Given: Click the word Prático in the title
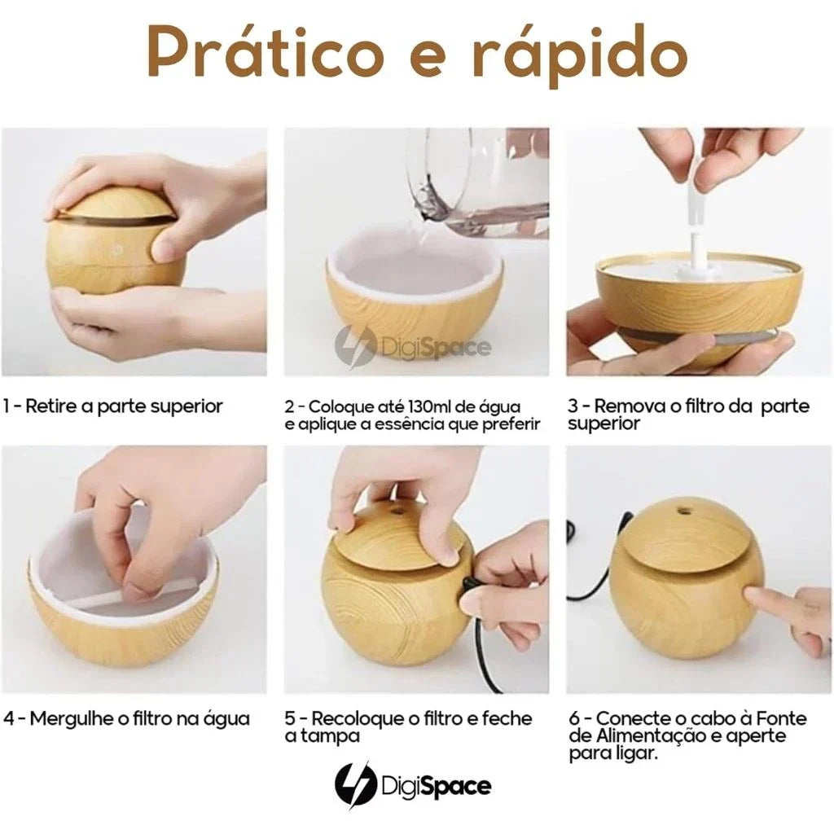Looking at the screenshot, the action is pos(265,53).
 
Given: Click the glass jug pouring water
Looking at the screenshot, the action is pos(476,180).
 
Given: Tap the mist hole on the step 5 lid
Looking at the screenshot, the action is pos(396,511).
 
